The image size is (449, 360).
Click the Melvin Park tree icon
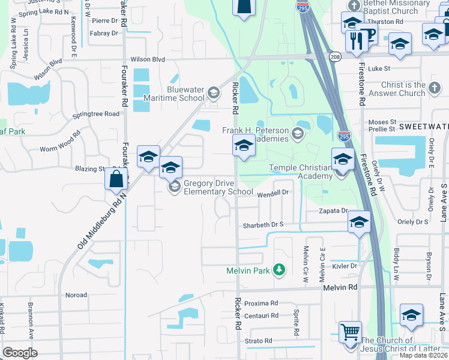279,270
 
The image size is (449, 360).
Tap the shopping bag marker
116,179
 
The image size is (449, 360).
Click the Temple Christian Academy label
301,172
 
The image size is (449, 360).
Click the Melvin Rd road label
340,287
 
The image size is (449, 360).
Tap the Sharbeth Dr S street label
262,225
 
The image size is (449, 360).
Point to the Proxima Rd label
261,303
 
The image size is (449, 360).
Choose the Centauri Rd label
261,315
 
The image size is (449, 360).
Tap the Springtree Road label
95,113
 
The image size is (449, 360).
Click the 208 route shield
334,56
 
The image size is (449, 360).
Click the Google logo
20,353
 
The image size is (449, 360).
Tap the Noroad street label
76,295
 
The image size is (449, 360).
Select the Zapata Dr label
333,211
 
